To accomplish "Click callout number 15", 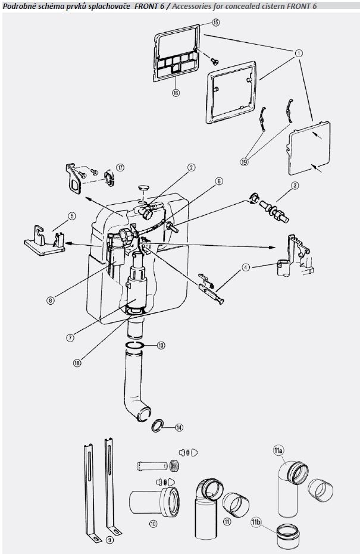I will click(215, 22).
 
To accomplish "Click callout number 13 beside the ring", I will click(160, 345).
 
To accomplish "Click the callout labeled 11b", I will click(256, 523).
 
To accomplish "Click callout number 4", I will click(245, 268).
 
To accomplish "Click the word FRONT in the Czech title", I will click(145, 5).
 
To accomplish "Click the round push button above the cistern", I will click(143, 189).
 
